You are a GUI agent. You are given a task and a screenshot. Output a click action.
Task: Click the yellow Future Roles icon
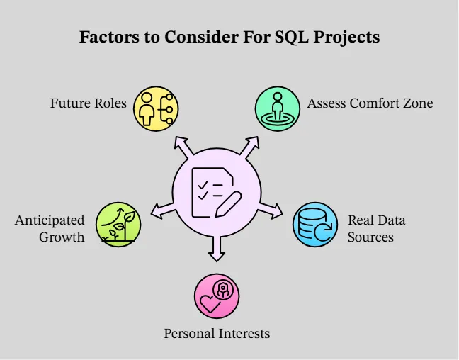pyautogui.click(x=156, y=108)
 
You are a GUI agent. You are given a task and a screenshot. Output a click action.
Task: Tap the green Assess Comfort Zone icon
pyautogui.click(x=278, y=108)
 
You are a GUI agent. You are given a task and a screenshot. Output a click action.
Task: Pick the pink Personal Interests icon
pyautogui.click(x=217, y=296)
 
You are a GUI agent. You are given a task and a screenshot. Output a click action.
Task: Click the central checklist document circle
pyautogui.click(x=217, y=191)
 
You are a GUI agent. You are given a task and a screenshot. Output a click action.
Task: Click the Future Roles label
pyautogui.click(x=88, y=103)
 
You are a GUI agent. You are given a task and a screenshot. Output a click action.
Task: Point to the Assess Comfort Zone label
pyautogui.click(x=370, y=103)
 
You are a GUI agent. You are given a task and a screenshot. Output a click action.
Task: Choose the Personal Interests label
pyautogui.click(x=217, y=333)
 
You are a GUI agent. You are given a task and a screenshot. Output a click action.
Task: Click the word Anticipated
pyautogui.click(x=50, y=220)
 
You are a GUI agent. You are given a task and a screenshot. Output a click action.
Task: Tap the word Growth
pyautogui.click(x=62, y=237)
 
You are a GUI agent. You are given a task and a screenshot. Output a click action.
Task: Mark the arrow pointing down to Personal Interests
pyautogui.click(x=217, y=247)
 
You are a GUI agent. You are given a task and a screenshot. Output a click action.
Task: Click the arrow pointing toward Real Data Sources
pyautogui.click(x=271, y=209)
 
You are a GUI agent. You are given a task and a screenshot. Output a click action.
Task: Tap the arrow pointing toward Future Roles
pyautogui.click(x=183, y=147)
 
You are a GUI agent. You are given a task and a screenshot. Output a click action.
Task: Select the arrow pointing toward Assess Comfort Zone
pyautogui.click(x=249, y=147)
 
